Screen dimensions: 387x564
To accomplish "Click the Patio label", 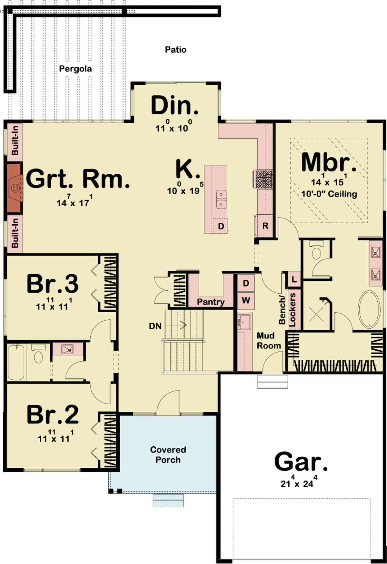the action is pos(176,50).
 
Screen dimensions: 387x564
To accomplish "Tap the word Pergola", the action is pos(75,69).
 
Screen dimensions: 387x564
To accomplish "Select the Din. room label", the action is pos(174,105).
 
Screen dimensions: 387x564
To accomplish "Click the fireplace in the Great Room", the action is pos(14,188).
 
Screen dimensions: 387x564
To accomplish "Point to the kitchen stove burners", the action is pos(264,179).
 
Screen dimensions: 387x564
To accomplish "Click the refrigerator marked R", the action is pos(265,226).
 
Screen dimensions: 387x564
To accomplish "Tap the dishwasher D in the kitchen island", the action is pos(221,226).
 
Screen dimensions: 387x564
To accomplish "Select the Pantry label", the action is pos(211,302).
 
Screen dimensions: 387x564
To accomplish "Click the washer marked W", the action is pos(246,300).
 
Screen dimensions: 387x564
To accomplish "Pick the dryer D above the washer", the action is pos(246,283).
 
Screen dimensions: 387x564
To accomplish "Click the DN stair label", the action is pos(155,326).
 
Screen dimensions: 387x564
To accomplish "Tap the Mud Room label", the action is pos(269,341).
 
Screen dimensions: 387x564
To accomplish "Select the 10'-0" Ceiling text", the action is pos(329,194).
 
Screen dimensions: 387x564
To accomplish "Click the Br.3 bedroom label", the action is pos(53,284).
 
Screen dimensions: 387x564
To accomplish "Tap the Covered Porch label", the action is pos(168,455).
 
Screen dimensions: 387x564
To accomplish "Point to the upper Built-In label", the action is pos(15,141).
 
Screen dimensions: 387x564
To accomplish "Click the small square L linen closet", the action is pos(294,279).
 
